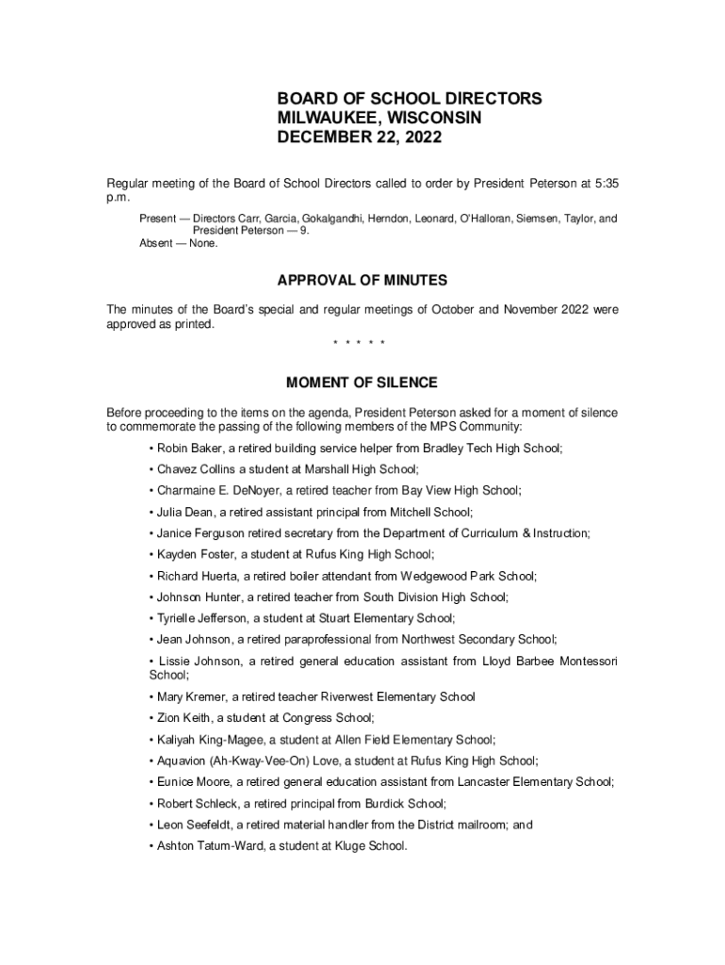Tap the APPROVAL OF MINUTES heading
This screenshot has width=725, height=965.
tap(362, 281)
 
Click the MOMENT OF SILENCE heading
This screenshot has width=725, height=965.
tap(362, 383)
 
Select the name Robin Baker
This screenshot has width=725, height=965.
tap(186, 449)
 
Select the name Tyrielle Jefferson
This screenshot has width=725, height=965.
tap(201, 618)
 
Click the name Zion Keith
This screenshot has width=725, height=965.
tap(180, 718)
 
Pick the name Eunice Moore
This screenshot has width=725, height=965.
tap(191, 781)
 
